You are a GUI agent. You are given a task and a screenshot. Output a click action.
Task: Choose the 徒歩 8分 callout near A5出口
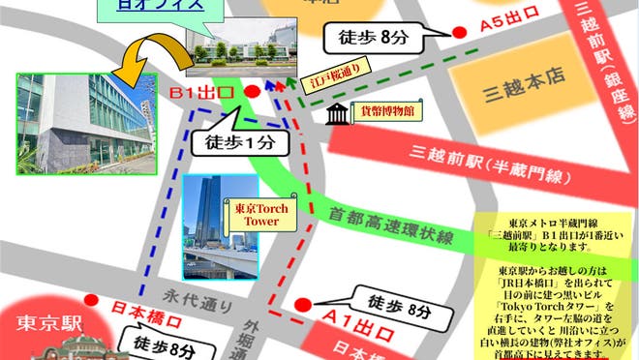pos(372,40)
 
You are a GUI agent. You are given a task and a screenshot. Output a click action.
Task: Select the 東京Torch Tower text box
pos(255,214)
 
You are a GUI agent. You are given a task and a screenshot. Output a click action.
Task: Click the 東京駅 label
pos(44,322)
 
